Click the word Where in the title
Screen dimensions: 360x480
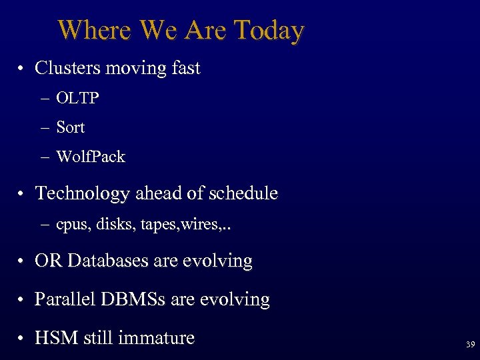click(x=94, y=30)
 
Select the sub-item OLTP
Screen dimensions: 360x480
click(x=77, y=99)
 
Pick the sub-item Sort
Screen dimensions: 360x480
click(x=70, y=127)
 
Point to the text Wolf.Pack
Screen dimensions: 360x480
click(x=91, y=157)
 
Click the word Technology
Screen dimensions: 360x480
click(x=83, y=193)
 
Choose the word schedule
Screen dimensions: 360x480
click(x=243, y=193)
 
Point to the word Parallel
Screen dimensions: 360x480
click(x=65, y=299)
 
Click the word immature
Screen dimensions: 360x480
click(x=156, y=338)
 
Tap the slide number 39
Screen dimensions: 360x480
click(x=470, y=345)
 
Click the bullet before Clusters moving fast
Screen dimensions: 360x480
click(x=22, y=69)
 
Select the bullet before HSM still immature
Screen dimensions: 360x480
click(x=22, y=339)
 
